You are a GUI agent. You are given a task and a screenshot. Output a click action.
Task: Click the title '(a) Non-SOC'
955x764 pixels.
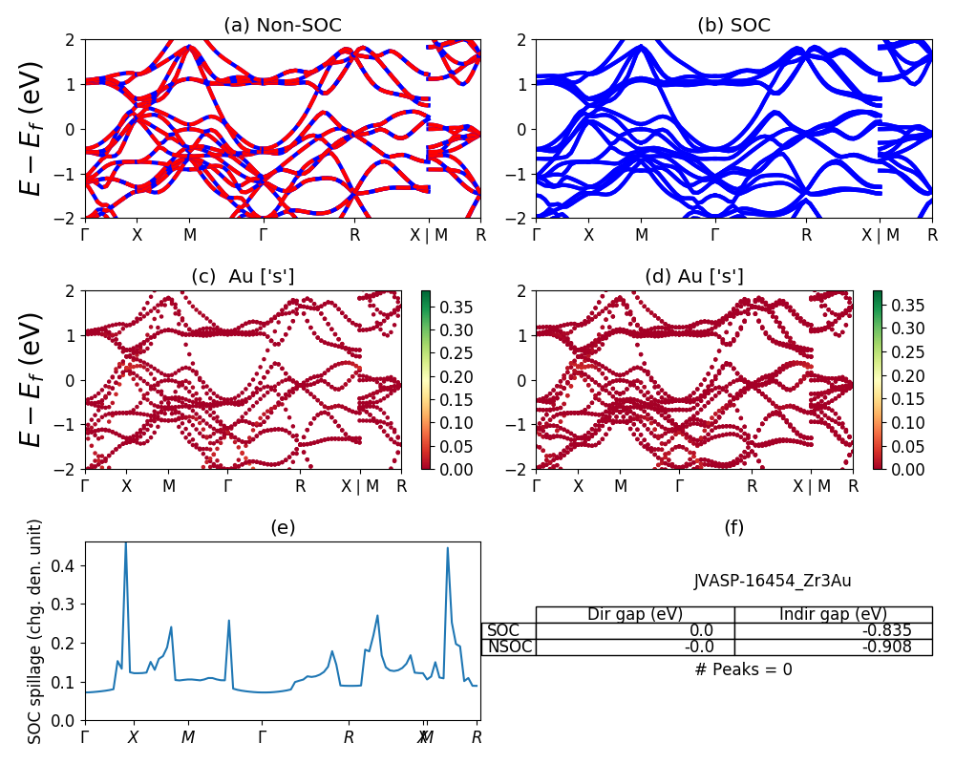[282, 26]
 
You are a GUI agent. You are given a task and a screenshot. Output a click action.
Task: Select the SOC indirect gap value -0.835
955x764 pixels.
[885, 630]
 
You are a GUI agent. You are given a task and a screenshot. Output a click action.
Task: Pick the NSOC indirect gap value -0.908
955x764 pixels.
[885, 647]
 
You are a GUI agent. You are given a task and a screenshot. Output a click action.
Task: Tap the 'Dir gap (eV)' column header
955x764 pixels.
[635, 614]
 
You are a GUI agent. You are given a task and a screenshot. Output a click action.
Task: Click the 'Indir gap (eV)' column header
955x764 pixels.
[833, 614]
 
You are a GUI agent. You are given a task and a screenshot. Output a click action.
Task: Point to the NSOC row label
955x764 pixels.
[509, 647]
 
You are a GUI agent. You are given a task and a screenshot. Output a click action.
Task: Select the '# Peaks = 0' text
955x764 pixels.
[743, 669]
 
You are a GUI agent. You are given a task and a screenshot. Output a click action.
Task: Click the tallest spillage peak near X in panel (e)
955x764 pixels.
[126, 544]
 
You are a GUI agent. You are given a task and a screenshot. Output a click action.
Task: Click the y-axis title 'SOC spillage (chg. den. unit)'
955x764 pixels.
[35, 631]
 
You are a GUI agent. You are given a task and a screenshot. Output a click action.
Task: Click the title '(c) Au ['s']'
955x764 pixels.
[243, 276]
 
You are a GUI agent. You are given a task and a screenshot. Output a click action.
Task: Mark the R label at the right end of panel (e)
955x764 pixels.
[477, 737]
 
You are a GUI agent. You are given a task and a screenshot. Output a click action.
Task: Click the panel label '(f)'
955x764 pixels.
[733, 527]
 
